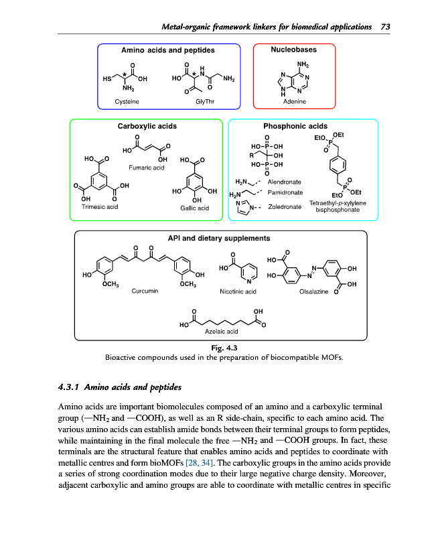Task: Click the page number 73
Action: [x=385, y=27]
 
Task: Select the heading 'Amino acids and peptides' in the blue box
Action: [x=168, y=50]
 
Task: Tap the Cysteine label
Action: [x=127, y=101]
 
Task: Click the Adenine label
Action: [x=294, y=101]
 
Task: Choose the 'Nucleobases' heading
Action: [x=293, y=50]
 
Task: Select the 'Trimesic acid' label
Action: [x=99, y=208]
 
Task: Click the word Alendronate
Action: [x=285, y=182]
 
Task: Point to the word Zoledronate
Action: [x=284, y=207]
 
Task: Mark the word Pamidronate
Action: [x=285, y=192]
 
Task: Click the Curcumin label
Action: [x=145, y=291]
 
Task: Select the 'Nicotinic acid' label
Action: [x=238, y=291]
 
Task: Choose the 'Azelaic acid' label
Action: [x=222, y=331]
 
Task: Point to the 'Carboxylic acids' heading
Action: [x=146, y=125]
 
